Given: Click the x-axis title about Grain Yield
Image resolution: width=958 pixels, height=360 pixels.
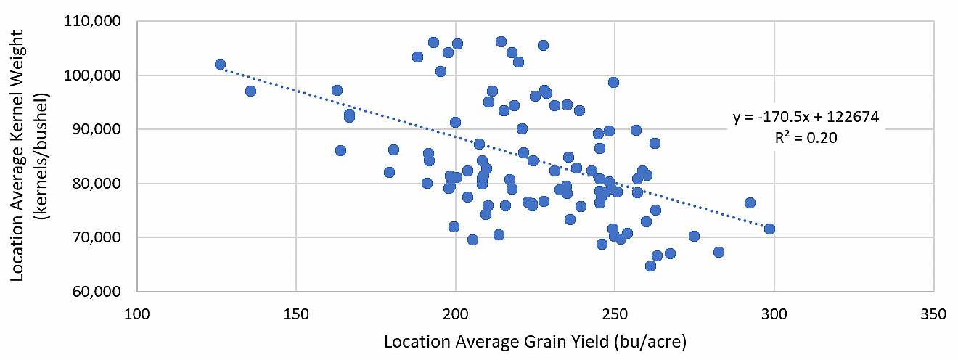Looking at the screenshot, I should pyautogui.click(x=535, y=340).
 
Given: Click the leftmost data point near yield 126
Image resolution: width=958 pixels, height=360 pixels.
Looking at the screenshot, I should pyautogui.click(x=220, y=65).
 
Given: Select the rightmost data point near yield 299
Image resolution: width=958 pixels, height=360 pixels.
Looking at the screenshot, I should pyautogui.click(x=769, y=229).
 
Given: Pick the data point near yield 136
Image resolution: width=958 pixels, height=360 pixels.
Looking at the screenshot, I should pyautogui.click(x=250, y=91).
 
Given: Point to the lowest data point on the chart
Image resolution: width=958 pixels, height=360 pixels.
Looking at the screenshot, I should pyautogui.click(x=650, y=266).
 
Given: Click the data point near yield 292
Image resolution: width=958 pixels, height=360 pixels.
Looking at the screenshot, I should pyautogui.click(x=750, y=202).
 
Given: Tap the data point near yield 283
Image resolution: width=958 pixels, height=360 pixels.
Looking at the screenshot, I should pyautogui.click(x=718, y=252).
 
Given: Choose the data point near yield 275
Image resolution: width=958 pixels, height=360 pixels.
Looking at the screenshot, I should pyautogui.click(x=694, y=236).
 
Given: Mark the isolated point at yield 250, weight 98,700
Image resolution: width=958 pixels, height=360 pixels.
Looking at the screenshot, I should pyautogui.click(x=613, y=82).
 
